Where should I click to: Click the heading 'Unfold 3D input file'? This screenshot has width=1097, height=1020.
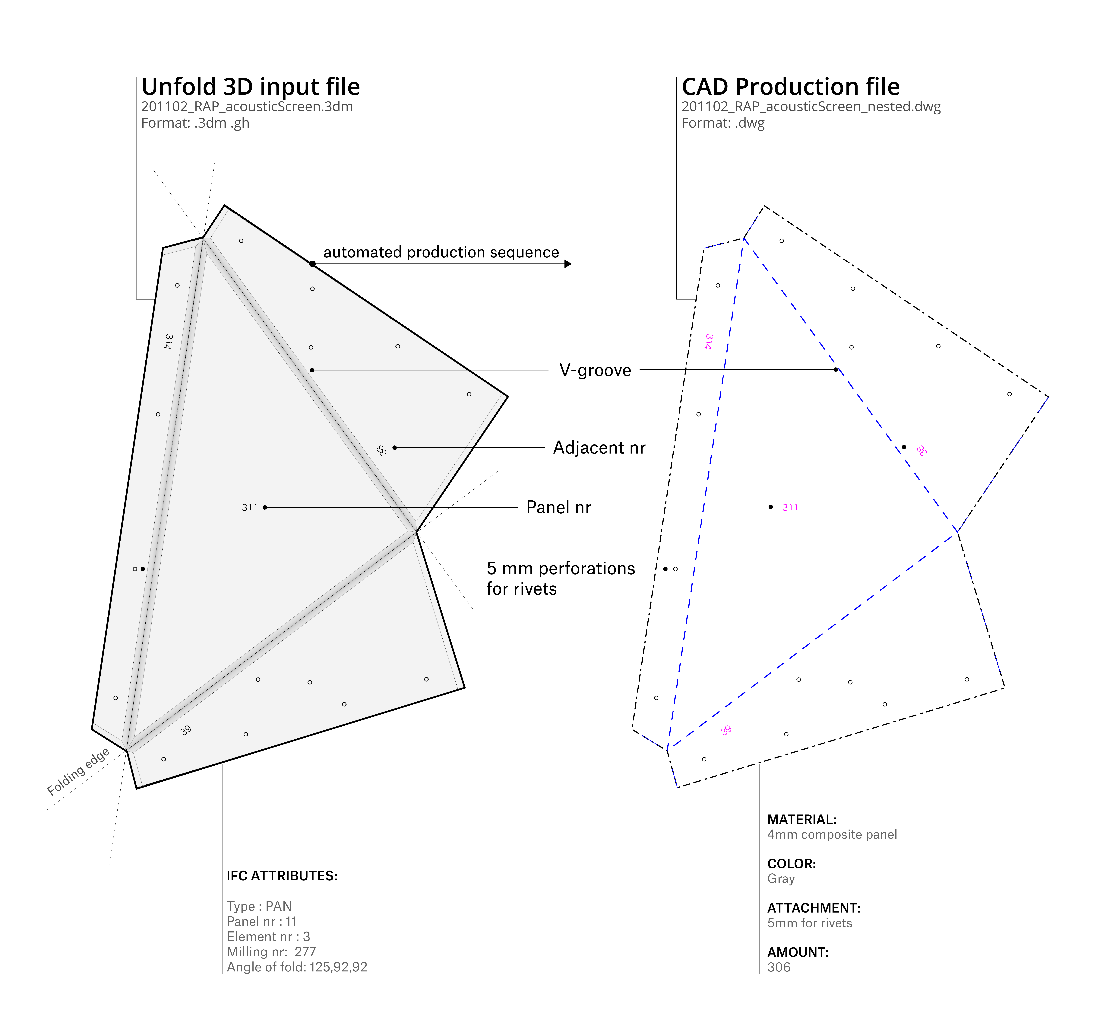251,87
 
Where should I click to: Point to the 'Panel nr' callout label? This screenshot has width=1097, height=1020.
558,507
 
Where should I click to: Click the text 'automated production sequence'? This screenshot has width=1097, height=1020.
441,252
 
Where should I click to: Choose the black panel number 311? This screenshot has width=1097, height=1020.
249,507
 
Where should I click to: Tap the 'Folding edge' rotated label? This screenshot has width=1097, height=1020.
78,772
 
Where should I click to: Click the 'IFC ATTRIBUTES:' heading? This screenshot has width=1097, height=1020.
282,876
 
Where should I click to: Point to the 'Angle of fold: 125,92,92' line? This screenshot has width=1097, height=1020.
297,967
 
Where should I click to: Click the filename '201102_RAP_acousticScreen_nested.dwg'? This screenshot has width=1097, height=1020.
811,107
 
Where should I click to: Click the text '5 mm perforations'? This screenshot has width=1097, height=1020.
561,569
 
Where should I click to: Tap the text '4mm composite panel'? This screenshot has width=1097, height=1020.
832,835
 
